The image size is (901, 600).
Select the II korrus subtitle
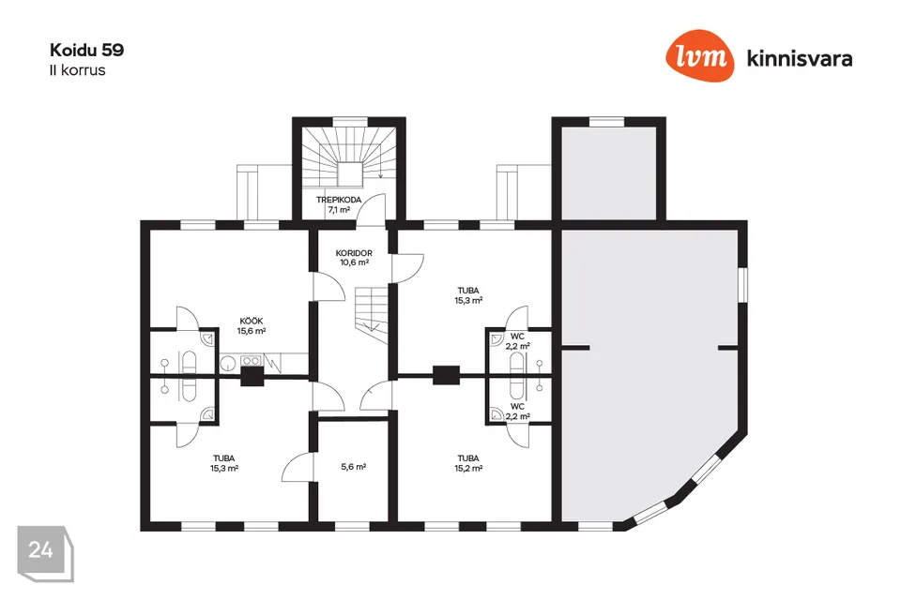point(77,69)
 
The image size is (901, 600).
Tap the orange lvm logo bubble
point(701,57)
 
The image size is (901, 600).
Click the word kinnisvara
point(799,58)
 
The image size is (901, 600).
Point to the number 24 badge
point(41,549)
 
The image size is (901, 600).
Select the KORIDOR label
point(354,253)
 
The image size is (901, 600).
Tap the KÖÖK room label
point(251,321)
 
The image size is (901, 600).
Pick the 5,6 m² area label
point(353,466)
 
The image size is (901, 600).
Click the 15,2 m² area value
point(468,469)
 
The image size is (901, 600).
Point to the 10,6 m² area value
point(354,263)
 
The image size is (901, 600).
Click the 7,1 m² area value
point(338,210)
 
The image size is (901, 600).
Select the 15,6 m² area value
point(251,331)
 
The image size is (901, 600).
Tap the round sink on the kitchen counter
point(226,361)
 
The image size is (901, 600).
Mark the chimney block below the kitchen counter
point(252,376)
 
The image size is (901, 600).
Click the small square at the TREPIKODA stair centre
point(351,174)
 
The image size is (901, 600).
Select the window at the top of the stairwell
point(350,120)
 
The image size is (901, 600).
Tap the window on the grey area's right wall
point(743,284)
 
